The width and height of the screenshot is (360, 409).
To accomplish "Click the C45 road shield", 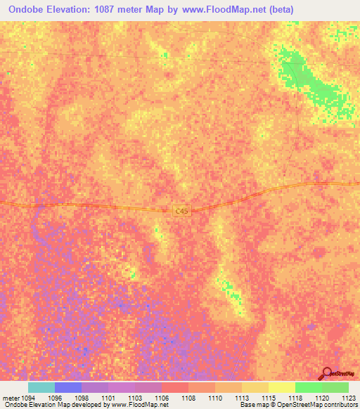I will click(181, 209).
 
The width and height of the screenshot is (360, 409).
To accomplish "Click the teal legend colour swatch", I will click(41, 387).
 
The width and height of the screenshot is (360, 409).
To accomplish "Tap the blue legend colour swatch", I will click(68, 387).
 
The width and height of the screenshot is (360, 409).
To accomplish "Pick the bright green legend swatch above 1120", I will click(309, 387).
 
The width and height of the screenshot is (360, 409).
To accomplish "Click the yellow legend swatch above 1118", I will click(282, 387).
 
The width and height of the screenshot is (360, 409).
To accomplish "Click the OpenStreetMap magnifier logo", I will click(326, 375).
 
